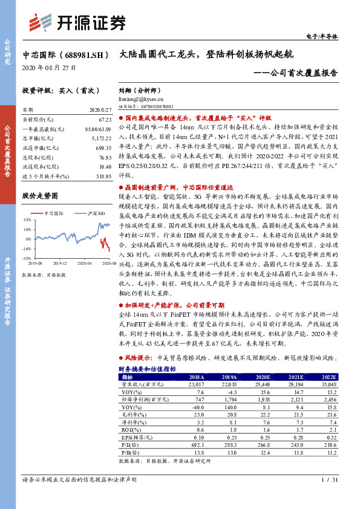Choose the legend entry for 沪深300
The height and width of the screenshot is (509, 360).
(x=89, y=214)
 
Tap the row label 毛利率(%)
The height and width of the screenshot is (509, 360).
(x=131, y=415)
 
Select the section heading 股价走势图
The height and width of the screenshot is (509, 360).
(x=40, y=196)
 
